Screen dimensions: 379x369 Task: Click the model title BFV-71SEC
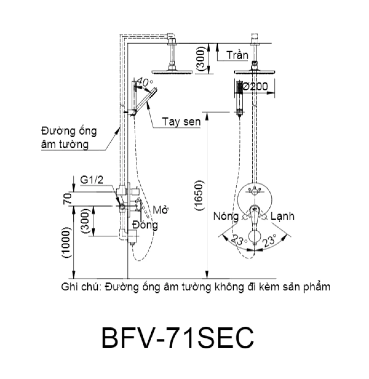178,338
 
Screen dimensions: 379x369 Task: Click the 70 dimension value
67,199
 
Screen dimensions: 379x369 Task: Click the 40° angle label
145,82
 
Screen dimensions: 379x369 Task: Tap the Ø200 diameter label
255,86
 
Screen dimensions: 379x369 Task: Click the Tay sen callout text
181,122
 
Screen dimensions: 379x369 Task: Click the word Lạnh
282,216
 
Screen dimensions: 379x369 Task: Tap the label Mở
161,210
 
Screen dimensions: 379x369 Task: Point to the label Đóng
145,225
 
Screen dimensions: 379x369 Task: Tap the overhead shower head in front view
255,71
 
